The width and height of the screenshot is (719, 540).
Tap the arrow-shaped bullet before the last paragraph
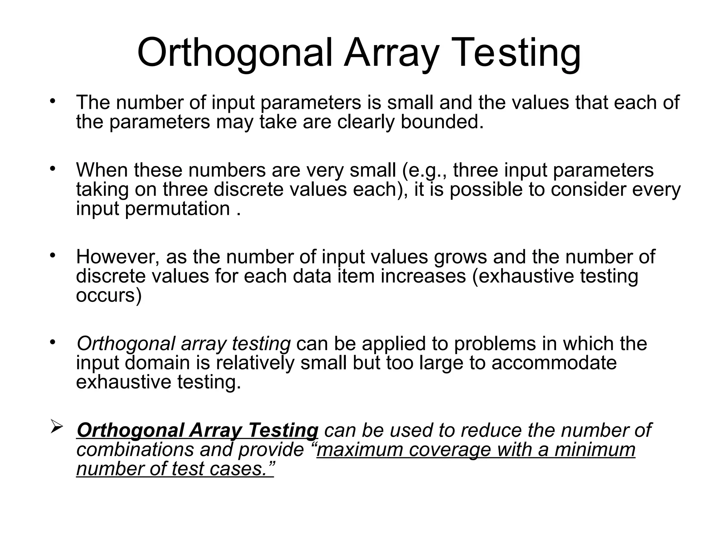coord(57,426)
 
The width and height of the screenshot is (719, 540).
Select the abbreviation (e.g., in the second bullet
coord(424,170)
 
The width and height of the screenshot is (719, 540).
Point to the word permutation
coord(177,209)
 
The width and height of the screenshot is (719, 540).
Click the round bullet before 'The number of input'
coord(53,102)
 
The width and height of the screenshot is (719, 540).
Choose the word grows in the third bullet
coord(460,257)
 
